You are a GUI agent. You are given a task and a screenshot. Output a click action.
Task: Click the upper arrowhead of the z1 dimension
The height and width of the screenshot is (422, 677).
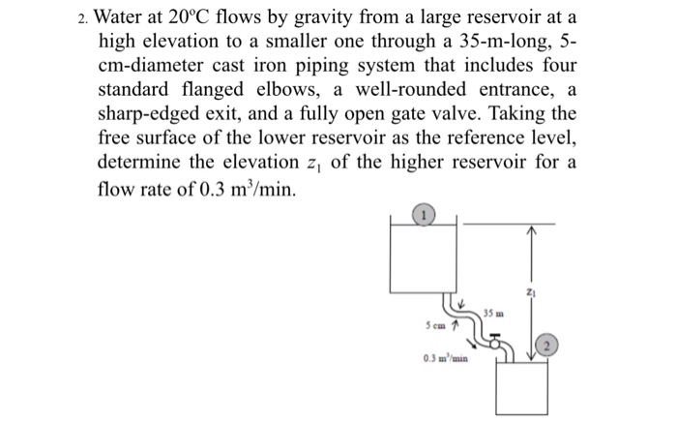pos(530,230)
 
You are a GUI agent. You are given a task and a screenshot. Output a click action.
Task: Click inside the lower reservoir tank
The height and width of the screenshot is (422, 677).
pos(521,387)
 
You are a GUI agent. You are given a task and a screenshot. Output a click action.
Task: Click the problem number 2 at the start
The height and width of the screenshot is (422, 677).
pos(84,18)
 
